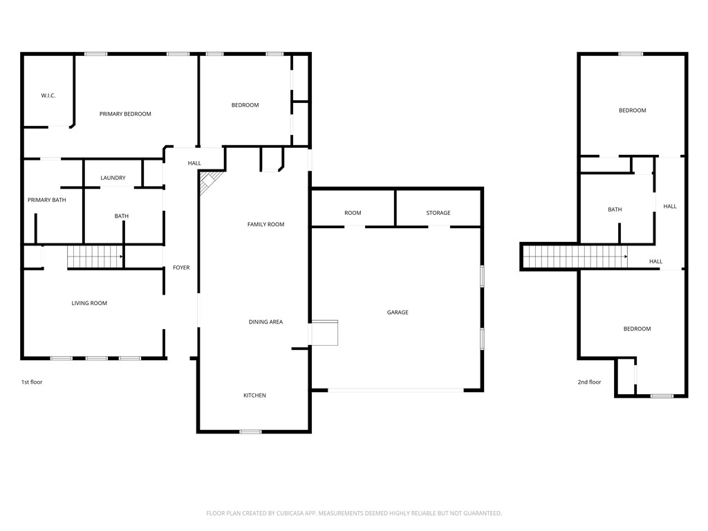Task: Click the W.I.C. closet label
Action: (x=48, y=95)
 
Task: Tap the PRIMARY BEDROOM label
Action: (x=125, y=114)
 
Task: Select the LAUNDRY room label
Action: (x=113, y=178)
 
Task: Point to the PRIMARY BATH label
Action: (x=47, y=200)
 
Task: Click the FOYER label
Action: (x=181, y=268)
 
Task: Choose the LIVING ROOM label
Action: (x=89, y=303)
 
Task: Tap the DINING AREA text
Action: (x=265, y=322)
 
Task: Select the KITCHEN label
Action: (x=254, y=395)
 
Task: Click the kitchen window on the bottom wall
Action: (x=250, y=431)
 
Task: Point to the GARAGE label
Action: (x=398, y=313)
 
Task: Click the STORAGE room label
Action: (x=438, y=213)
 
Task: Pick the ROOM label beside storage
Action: (x=353, y=213)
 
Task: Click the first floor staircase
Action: (x=95, y=257)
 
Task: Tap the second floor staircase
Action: (x=574, y=257)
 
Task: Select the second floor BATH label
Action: (x=615, y=209)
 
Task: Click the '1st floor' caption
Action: (x=32, y=382)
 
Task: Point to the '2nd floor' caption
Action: (x=589, y=382)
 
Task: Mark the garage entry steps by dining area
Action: (x=324, y=332)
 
